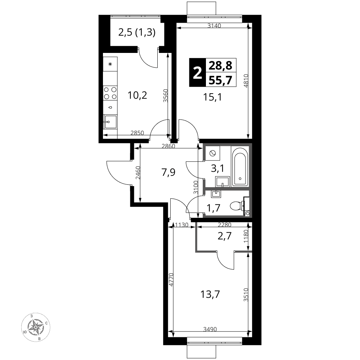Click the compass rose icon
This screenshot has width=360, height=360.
[x=36, y=327]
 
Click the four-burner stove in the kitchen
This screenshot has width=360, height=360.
[x=110, y=93]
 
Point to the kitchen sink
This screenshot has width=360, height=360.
[x=110, y=122]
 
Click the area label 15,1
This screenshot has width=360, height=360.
[x=212, y=97]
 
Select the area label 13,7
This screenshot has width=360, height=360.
[x=210, y=294]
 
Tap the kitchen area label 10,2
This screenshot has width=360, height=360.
[x=137, y=95]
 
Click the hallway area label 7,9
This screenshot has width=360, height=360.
[x=168, y=172]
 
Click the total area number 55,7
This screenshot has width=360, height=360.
[x=221, y=80]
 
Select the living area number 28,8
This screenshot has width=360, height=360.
[x=221, y=66]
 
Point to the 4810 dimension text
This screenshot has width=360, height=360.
[x=246, y=81]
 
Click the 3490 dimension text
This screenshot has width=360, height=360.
[x=210, y=329]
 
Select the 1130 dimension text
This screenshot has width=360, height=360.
[x=181, y=225]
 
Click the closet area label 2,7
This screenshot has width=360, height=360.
[x=224, y=236]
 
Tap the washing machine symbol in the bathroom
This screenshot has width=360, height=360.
[x=213, y=153]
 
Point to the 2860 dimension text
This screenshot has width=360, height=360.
[x=168, y=146]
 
